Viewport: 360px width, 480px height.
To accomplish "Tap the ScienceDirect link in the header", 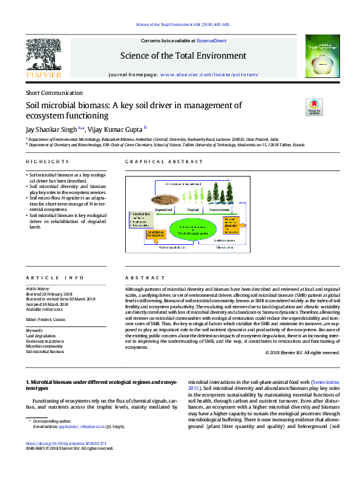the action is click(x=212, y=41).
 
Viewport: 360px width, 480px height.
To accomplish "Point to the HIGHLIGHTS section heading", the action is click(x=47, y=162).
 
